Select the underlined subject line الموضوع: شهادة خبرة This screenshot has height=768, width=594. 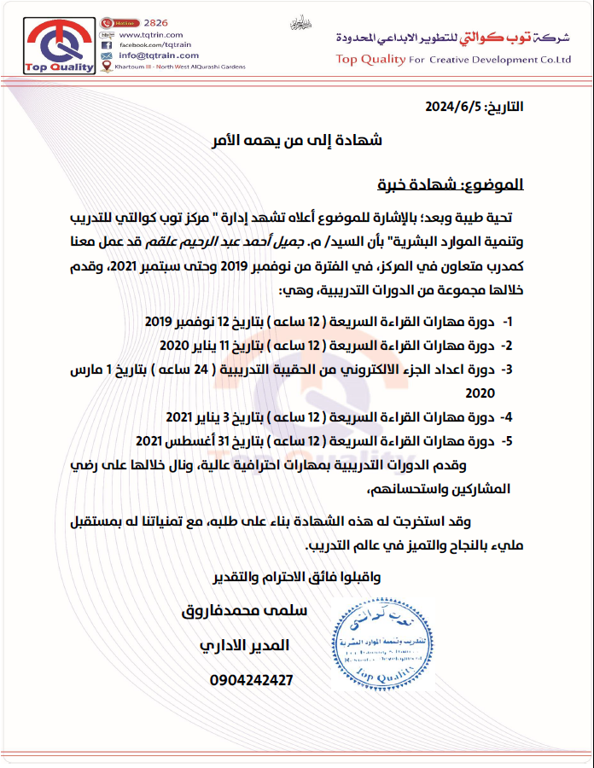(x=451, y=183)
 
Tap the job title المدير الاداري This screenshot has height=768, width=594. (x=243, y=645)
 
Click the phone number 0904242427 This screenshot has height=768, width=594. (x=251, y=680)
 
